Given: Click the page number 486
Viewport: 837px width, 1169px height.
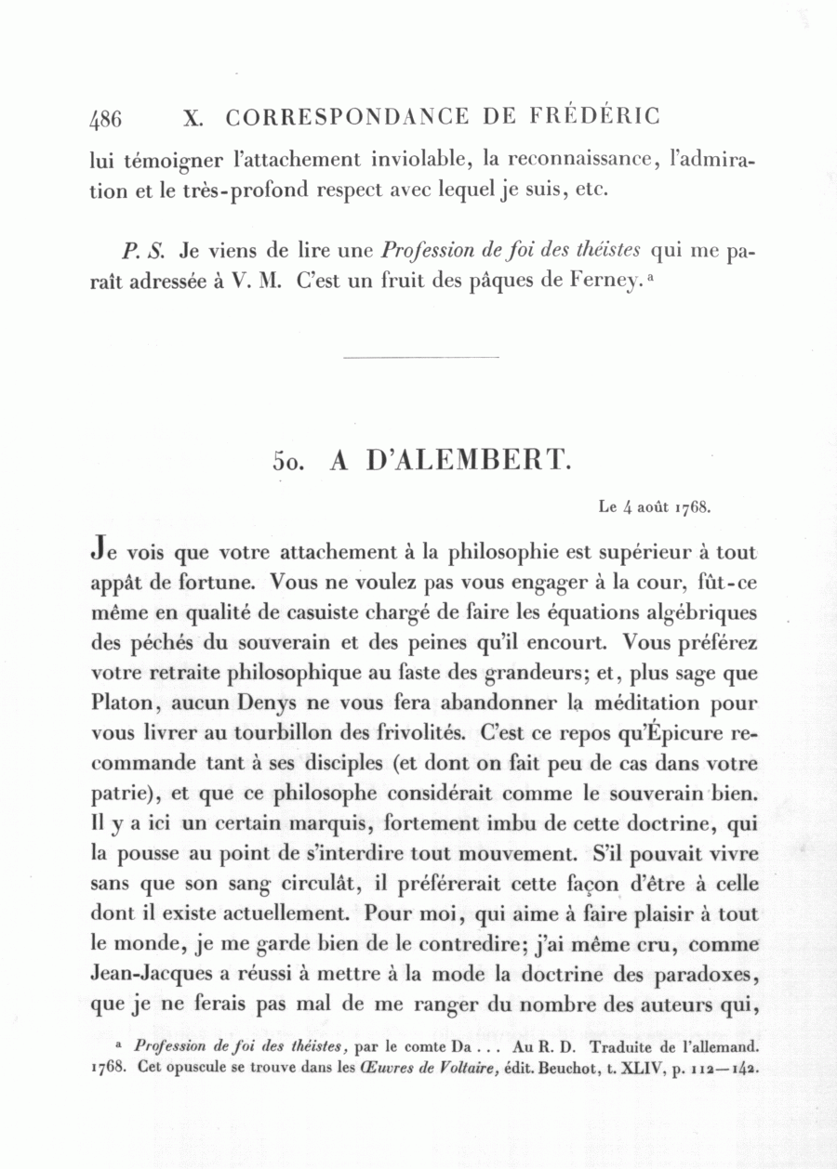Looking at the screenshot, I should (x=106, y=119).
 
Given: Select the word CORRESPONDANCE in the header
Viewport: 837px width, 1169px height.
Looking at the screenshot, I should (x=348, y=117).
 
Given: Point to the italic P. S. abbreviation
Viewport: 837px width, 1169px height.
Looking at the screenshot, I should (x=142, y=251).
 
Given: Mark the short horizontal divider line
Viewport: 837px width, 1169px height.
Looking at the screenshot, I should (x=421, y=357).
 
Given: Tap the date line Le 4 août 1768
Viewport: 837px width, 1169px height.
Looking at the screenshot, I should (x=656, y=507).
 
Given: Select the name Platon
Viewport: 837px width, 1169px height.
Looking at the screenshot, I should (x=122, y=703).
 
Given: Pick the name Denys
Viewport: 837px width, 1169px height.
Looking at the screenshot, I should (x=271, y=703).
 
